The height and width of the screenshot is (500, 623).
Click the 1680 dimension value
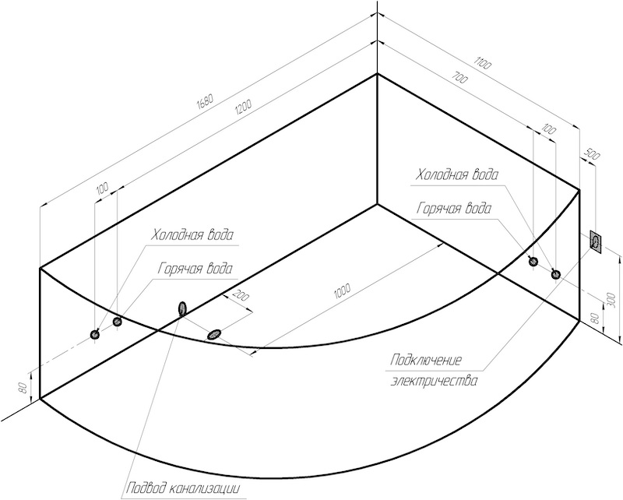[x=206, y=101]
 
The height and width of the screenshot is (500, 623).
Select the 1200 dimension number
[x=243, y=106]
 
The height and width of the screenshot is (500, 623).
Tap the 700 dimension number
[x=459, y=79]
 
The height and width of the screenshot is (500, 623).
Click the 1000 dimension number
[x=343, y=290]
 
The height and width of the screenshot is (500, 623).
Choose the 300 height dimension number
[x=612, y=300]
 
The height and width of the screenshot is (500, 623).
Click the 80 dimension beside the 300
[x=595, y=318]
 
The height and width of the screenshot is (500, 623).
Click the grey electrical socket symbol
[x=596, y=242]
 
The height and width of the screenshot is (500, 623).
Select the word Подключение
[x=426, y=361]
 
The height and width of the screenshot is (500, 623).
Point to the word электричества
[x=435, y=381]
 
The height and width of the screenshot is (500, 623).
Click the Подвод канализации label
[x=183, y=488]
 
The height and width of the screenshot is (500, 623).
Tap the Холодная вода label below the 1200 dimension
[x=192, y=235]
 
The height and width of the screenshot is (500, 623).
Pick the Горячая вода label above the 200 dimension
[x=195, y=268]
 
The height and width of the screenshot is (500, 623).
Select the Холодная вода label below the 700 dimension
[x=456, y=175]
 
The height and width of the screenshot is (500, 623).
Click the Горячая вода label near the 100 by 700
[x=454, y=208]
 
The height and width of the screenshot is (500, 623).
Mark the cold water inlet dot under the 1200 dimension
[x=94, y=335]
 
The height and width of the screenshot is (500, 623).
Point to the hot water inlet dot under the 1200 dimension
[x=117, y=322]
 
